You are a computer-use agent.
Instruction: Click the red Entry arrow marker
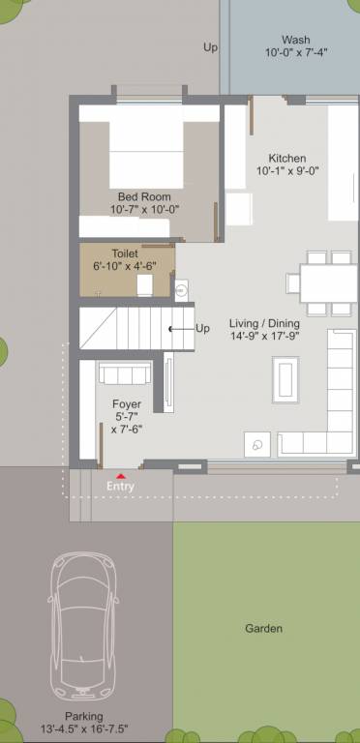(x=120, y=476)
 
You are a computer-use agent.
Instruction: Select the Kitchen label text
(x=286, y=159)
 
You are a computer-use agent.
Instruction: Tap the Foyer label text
(x=127, y=403)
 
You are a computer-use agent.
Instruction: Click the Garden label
(x=263, y=629)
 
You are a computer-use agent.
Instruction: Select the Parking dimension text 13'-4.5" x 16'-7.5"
(x=83, y=728)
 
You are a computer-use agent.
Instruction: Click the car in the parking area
(x=83, y=626)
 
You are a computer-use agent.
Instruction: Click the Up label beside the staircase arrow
(x=202, y=328)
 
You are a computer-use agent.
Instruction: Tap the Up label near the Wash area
(x=210, y=46)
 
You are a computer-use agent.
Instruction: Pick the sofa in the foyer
(x=125, y=374)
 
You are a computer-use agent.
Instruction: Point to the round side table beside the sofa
(x=257, y=442)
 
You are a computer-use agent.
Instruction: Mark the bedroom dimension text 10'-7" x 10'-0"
(x=144, y=209)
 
